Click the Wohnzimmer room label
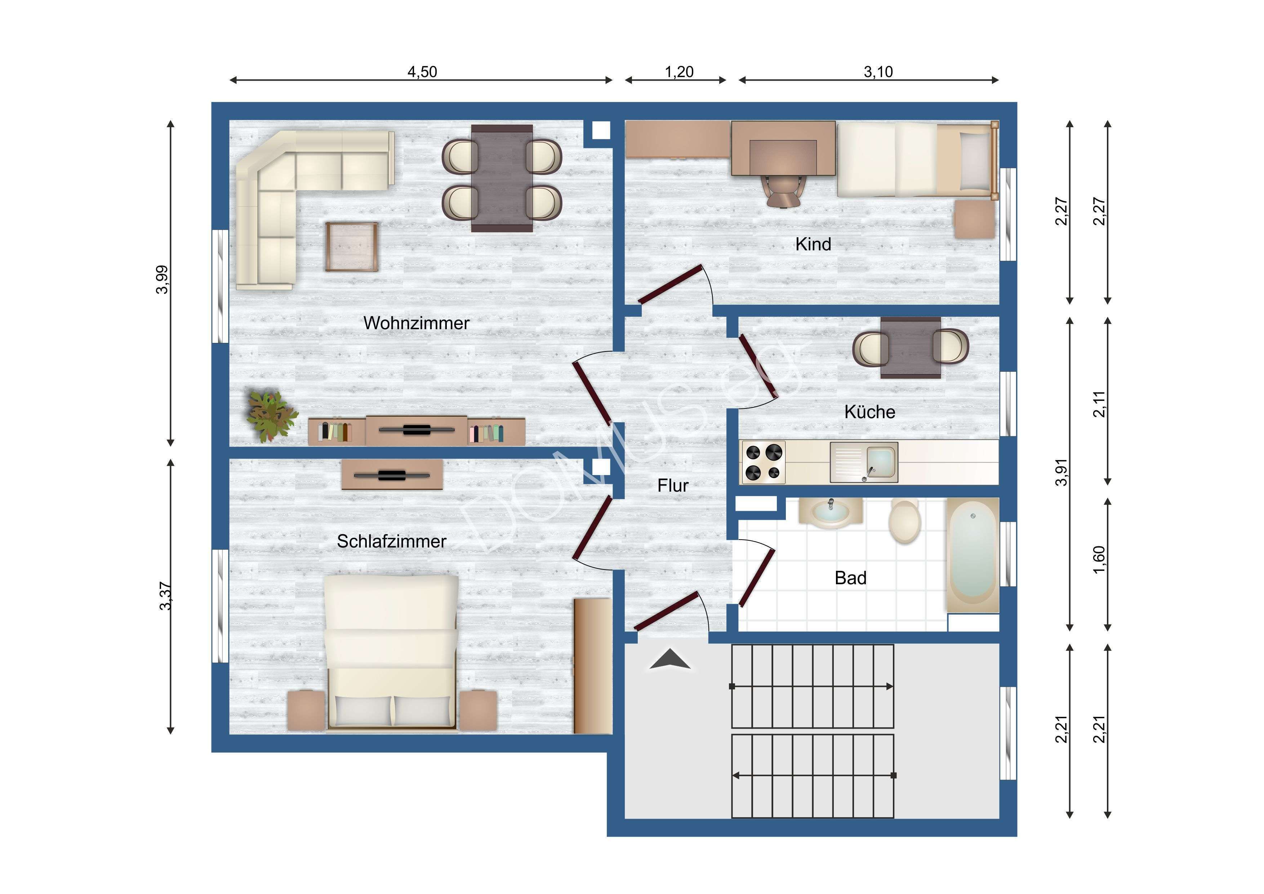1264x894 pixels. point(416,323)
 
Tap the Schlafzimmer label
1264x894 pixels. point(391,541)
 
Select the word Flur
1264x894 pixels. point(673,486)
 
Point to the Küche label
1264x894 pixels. point(869,412)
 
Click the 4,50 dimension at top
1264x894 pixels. point(422,72)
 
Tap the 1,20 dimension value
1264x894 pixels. point(679,72)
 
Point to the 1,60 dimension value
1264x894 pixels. point(1099,559)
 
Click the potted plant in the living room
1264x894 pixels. point(270,416)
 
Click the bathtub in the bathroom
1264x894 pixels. point(973,555)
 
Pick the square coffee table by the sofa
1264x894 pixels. point(351,247)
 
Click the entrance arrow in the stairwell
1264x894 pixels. point(669,660)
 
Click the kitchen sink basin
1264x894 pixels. point(881,461)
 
